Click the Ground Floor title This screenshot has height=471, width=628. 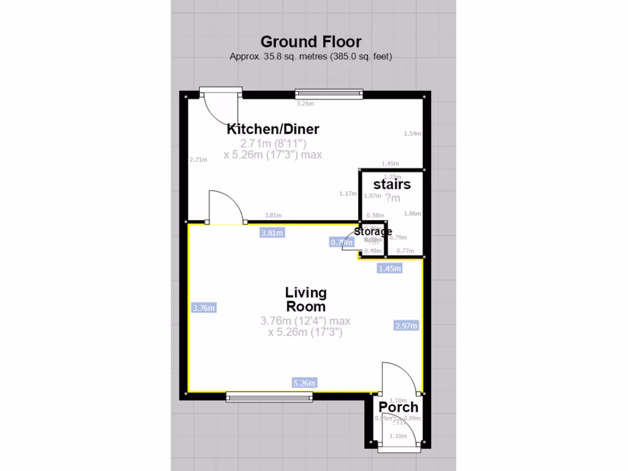click(311, 42)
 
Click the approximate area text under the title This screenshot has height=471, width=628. click(311, 56)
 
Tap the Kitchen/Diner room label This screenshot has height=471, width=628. click(273, 129)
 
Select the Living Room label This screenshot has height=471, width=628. click(305, 299)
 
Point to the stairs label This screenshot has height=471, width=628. click(392, 184)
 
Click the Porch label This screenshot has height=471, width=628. click(398, 407)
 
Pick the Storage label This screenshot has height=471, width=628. click(373, 231)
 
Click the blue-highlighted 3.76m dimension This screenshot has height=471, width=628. click(204, 308)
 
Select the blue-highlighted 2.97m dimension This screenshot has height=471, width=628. click(405, 326)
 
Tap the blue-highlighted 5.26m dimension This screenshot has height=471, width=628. click(304, 383)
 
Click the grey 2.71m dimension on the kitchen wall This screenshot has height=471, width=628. click(198, 159)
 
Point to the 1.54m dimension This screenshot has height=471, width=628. click(413, 134)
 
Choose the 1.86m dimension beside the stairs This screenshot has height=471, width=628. click(413, 213)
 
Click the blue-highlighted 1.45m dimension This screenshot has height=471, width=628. click(389, 268)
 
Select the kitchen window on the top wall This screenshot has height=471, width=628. click(329, 94)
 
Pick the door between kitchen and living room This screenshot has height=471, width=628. click(227, 209)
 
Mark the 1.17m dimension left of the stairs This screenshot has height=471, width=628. click(348, 194)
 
